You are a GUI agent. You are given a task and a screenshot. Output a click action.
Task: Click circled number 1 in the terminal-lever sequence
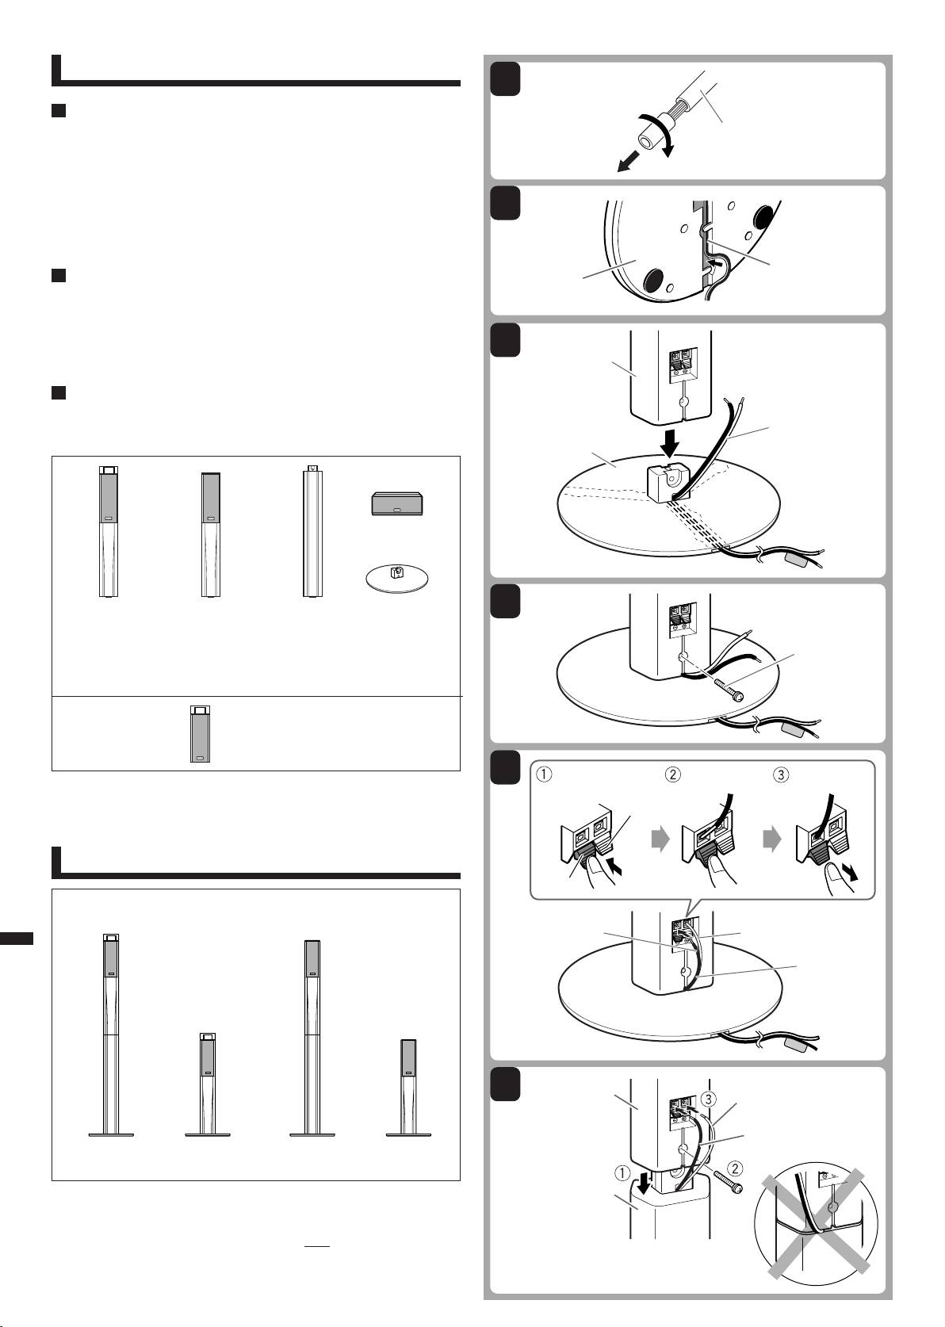(545, 775)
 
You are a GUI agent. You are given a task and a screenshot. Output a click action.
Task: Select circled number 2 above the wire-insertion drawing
(671, 775)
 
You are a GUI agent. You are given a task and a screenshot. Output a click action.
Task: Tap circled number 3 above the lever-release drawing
(781, 775)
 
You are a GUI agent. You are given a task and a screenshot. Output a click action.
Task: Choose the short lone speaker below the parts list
(201, 733)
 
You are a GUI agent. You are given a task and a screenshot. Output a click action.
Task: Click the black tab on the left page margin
(17, 939)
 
